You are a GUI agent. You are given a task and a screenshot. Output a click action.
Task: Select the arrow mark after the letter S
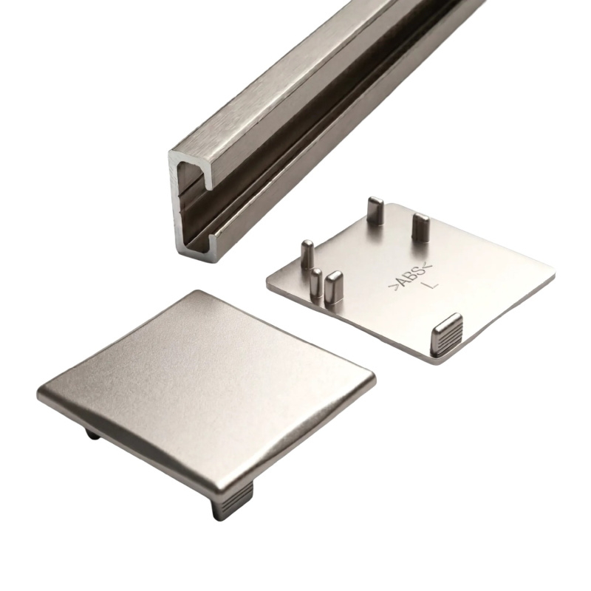pos(428,265)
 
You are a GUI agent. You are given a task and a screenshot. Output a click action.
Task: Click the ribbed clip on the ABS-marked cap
pos(447,334)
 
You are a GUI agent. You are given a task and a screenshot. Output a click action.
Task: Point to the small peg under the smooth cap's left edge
pos(93,434)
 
